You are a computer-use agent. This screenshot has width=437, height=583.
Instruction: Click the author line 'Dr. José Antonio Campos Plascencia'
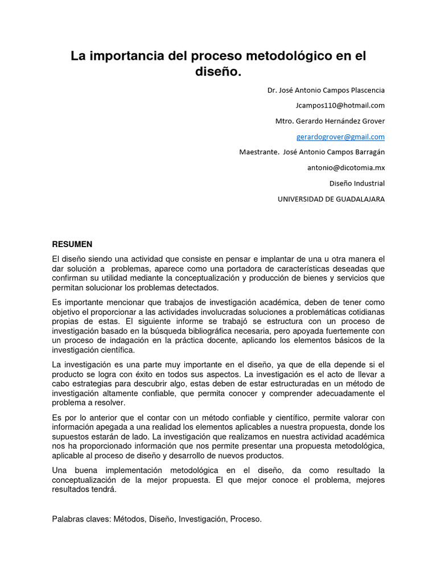click(326, 90)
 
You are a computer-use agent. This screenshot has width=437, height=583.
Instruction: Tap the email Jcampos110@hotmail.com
click(340, 105)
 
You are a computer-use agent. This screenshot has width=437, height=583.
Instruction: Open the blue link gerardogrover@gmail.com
click(340, 137)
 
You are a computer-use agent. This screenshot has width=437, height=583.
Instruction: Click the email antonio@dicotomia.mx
click(346, 167)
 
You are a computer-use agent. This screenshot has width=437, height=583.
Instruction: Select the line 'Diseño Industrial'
click(357, 183)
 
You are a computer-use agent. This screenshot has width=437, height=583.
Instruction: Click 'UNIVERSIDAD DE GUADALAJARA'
click(331, 199)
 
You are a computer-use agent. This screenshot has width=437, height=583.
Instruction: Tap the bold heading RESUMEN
click(72, 244)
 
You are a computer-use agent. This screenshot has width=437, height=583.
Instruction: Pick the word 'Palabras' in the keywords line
click(67, 519)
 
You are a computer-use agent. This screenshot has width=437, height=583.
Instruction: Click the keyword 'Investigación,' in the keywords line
click(203, 519)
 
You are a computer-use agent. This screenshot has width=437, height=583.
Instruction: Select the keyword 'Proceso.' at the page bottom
click(246, 519)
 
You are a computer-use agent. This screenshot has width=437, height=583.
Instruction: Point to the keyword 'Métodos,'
click(130, 519)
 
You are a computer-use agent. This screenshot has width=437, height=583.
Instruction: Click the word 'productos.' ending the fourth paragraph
click(265, 455)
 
